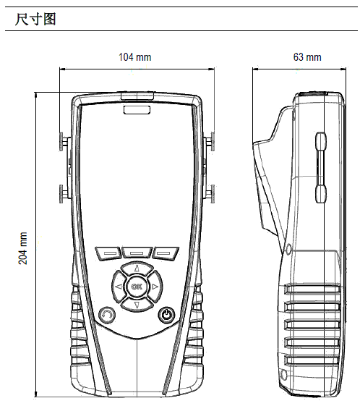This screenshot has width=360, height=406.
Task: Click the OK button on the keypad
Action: pyautogui.click(x=137, y=287)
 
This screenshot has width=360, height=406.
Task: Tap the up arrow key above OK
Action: pyautogui.click(x=137, y=268)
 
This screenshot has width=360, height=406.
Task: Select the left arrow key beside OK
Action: pyautogui.click(x=119, y=287)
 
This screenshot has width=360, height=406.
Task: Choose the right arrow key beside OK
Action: pyautogui.click(x=155, y=287)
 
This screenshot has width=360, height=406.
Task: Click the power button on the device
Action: pyautogui.click(x=166, y=315)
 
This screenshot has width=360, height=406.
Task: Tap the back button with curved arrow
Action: pyautogui.click(x=107, y=315)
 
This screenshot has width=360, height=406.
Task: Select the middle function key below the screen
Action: pyautogui.click(x=137, y=253)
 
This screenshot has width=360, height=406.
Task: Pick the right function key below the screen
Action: pyautogui.click(x=166, y=253)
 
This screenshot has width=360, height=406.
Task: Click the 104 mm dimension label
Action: pyautogui.click(x=134, y=57)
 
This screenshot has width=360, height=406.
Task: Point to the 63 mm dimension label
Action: pyautogui.click(x=307, y=57)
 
